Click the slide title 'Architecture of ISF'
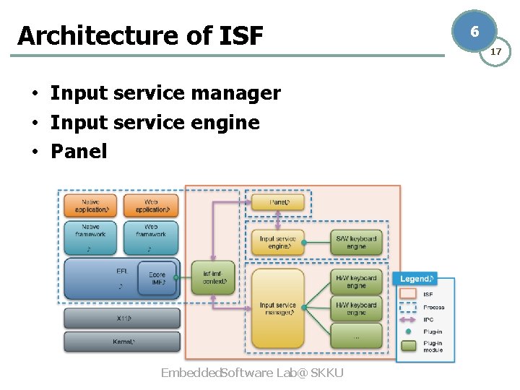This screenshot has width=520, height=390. tap(140, 35)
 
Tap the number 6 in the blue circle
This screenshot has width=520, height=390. tap(474, 32)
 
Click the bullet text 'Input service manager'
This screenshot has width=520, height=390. tap(165, 93)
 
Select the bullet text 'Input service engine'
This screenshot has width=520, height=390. tap(155, 122)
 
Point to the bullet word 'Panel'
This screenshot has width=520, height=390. tap(78, 151)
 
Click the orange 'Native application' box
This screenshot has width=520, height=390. tap(90, 205)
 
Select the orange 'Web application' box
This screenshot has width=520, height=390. tap(151, 205)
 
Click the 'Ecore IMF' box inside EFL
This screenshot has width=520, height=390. tap(157, 279)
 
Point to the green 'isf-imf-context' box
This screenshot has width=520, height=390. tap(213, 278)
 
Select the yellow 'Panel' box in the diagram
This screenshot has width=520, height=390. tap(278, 202)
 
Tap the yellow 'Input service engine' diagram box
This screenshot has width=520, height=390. tap(278, 243)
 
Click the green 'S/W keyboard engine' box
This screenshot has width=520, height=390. tap(356, 243)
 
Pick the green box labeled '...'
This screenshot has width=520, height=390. tap(356, 336)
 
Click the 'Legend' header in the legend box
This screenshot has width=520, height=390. tap(418, 279)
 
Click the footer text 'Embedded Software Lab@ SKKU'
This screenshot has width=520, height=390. tap(252, 373)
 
